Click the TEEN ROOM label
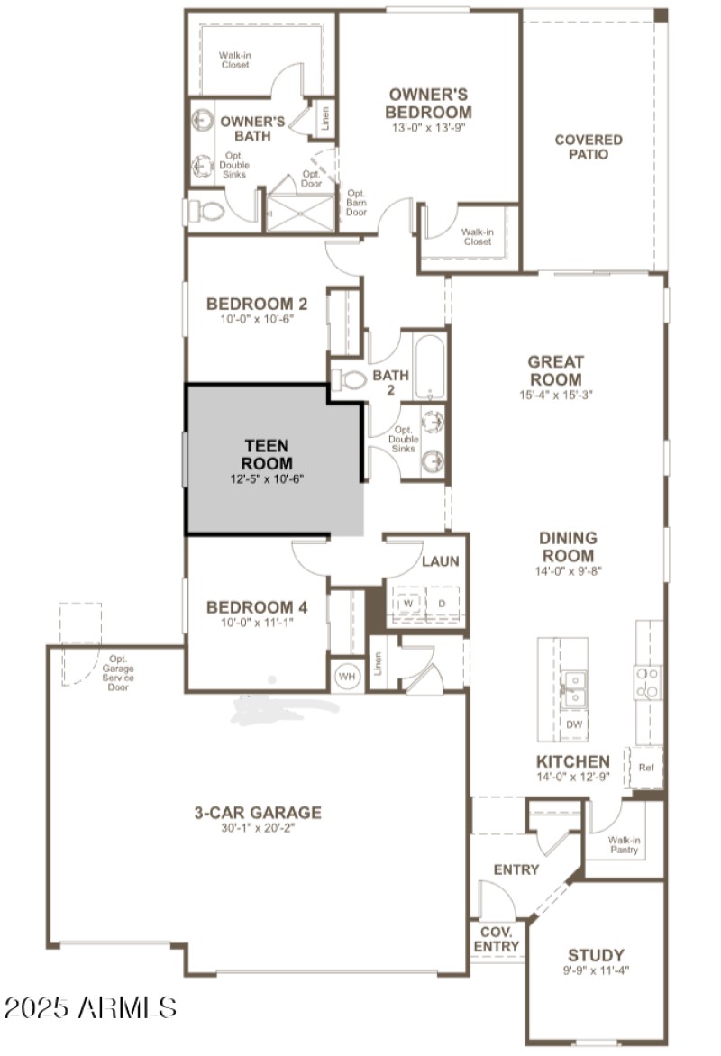click(x=268, y=455)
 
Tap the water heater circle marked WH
click(x=346, y=675)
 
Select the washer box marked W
click(x=408, y=603)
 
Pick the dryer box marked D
click(x=443, y=603)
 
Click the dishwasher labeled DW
click(x=572, y=724)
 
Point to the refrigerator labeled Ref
click(x=645, y=768)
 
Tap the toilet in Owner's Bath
click(x=208, y=213)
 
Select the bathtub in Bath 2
click(x=430, y=368)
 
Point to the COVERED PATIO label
click(x=588, y=147)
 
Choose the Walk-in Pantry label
click(x=624, y=845)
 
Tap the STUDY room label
click(x=596, y=955)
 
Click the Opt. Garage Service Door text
click(x=118, y=672)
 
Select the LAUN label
click(x=441, y=561)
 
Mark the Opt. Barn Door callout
click(x=356, y=203)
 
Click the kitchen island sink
click(x=571, y=687)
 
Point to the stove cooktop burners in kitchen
click(x=647, y=682)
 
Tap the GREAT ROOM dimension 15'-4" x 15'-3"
click(x=555, y=394)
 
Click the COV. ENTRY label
click(x=497, y=940)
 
